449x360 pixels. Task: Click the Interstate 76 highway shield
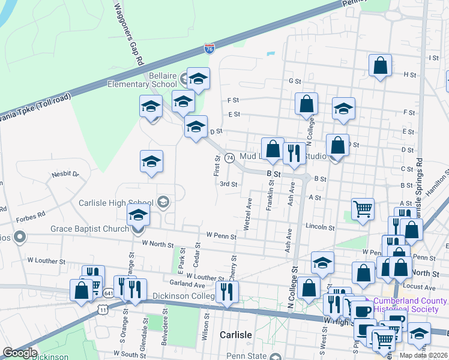coord(209,49)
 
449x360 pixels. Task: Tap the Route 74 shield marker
coord(229,157)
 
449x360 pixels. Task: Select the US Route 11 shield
coord(103,308)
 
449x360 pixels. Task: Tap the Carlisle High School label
coord(116,203)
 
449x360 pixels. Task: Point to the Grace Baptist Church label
coord(90,229)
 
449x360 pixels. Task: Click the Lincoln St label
coord(319,227)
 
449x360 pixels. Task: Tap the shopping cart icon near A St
coord(363,209)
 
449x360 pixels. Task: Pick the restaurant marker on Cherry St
coord(227,292)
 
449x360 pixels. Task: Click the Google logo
coord(19,353)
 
